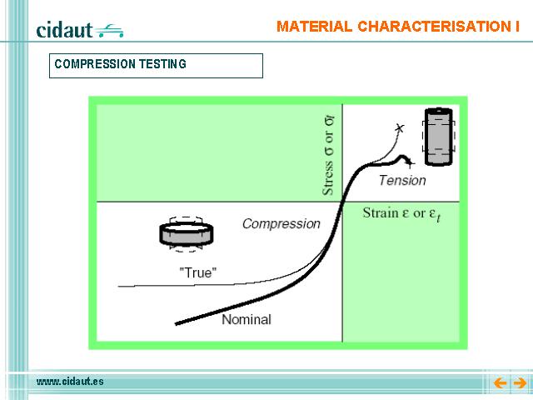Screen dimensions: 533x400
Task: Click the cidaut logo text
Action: click(64, 30)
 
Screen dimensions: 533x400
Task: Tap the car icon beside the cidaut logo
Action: click(109, 31)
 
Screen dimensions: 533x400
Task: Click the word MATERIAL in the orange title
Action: click(314, 27)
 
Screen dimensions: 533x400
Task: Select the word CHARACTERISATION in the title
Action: click(431, 27)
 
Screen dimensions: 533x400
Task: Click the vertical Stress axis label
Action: click(328, 156)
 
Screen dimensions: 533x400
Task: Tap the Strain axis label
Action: click(401, 214)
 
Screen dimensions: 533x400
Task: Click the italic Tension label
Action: click(402, 180)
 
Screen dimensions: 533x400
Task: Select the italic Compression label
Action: click(281, 224)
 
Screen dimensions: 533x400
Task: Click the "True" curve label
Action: click(198, 272)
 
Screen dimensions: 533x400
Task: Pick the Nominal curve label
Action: click(247, 319)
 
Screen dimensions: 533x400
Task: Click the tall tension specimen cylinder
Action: click(439, 137)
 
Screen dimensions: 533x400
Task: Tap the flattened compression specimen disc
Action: click(187, 233)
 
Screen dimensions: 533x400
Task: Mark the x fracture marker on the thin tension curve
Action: click(400, 127)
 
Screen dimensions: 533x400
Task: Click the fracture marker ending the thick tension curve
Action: click(409, 163)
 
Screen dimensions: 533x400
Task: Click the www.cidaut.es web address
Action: click(70, 382)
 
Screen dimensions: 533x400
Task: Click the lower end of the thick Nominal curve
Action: click(176, 324)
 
